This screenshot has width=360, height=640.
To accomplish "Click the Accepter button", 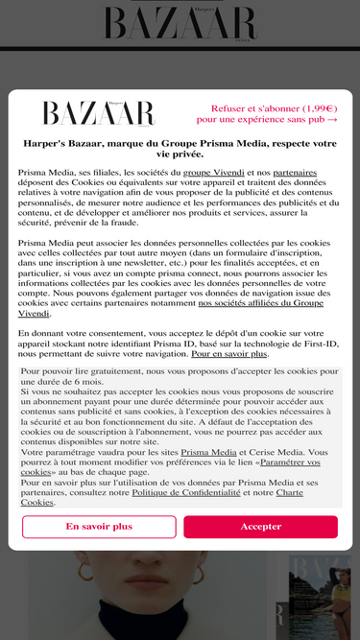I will click(260, 527).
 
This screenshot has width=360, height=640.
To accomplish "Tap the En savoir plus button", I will click(99, 527).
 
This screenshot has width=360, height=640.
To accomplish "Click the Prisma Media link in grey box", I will click(208, 451).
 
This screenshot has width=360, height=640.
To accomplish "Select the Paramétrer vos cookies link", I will click(170, 466).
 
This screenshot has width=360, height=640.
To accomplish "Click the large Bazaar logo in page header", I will click(180, 23).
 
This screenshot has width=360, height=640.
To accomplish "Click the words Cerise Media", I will click(274, 451).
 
